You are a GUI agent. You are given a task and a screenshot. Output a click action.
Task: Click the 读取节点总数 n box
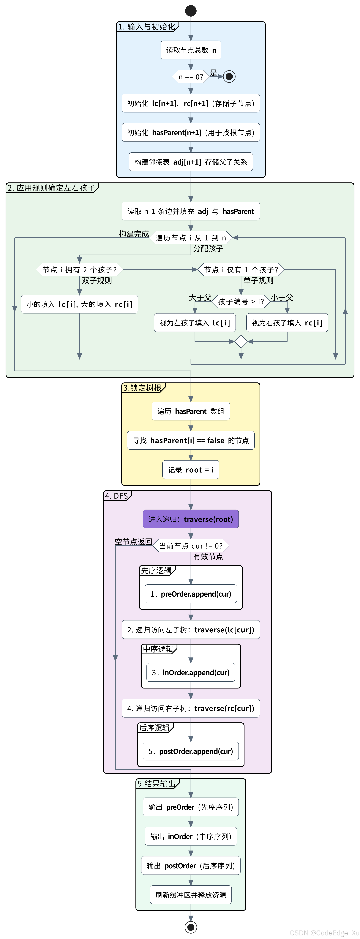pos(191,50)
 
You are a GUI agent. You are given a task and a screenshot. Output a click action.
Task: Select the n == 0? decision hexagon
pos(191,77)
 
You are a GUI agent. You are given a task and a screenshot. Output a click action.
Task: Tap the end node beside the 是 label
pos(229,77)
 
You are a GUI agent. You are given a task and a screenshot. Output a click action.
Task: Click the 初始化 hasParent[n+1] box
pos(191,132)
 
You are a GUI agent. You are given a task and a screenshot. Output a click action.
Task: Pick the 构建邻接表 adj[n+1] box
pos(191,161)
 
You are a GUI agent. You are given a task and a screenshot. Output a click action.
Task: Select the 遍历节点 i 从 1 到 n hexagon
pos(191,238)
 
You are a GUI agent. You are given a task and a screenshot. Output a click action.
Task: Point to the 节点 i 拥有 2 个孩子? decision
pos(79,270)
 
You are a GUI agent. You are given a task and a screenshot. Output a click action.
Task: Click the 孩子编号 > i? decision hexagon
pos(241,301)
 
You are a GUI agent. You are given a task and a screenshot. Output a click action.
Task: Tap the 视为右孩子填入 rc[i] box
pos(287,323)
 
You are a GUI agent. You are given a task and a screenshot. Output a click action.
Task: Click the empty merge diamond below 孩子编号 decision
pos(241,342)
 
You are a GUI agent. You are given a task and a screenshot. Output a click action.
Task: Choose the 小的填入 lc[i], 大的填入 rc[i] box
pos(79,304)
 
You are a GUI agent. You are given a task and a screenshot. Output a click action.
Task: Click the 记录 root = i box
pos(191,470)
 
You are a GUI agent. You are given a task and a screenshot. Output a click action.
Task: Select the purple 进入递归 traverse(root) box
pos(191,519)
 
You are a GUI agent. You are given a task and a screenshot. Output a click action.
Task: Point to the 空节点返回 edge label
pos(133,542)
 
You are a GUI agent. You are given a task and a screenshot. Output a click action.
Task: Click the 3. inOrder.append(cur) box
pos(191,672)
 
